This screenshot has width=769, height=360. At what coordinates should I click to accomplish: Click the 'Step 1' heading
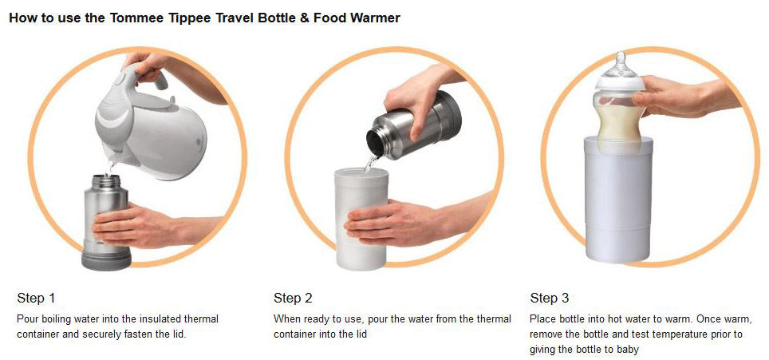click(36, 299)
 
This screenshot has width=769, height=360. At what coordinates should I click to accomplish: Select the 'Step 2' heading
click(293, 299)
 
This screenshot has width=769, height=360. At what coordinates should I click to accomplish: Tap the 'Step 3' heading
click(550, 299)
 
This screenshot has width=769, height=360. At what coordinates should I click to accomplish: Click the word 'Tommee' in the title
click(132, 18)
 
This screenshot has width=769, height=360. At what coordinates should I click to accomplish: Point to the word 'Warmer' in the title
click(377, 18)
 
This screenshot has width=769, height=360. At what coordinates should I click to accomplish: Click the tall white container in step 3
click(618, 200)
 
